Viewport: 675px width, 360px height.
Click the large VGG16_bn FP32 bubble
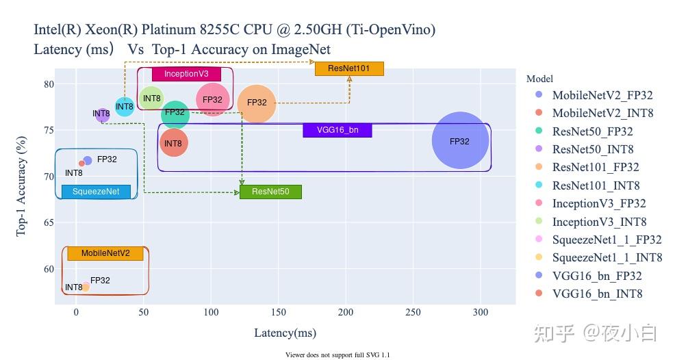pyautogui.click(x=460, y=140)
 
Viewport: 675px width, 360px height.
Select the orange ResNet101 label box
pyautogui.click(x=349, y=68)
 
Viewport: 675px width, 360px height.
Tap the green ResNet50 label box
pyautogui.click(x=270, y=192)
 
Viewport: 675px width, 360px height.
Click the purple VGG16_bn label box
pyautogui.click(x=337, y=130)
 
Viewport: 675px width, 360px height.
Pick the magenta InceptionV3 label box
pyautogui.click(x=186, y=74)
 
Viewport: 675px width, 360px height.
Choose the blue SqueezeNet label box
pyautogui.click(x=96, y=192)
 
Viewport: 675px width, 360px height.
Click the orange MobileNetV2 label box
pyautogui.click(x=105, y=253)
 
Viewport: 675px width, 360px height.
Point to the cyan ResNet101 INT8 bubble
pyautogui.click(x=125, y=106)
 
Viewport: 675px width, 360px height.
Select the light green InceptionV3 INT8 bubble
pyautogui.click(x=152, y=99)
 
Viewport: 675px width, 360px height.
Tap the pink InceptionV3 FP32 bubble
pyautogui.click(x=213, y=100)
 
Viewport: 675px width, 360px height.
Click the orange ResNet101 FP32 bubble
pyautogui.click(x=257, y=103)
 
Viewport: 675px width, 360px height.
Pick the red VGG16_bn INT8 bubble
pyautogui.click(x=173, y=143)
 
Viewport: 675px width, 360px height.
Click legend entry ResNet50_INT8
pyautogui.click(x=593, y=149)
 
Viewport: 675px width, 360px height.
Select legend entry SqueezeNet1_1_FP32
pyautogui.click(x=607, y=240)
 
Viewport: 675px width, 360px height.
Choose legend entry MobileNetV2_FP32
pyautogui.click(x=602, y=95)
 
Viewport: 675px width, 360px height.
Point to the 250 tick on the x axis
pyautogui.click(x=412, y=313)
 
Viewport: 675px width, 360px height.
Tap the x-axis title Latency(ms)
pyautogui.click(x=285, y=333)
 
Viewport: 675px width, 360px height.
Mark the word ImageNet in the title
pyautogui.click(x=301, y=49)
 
